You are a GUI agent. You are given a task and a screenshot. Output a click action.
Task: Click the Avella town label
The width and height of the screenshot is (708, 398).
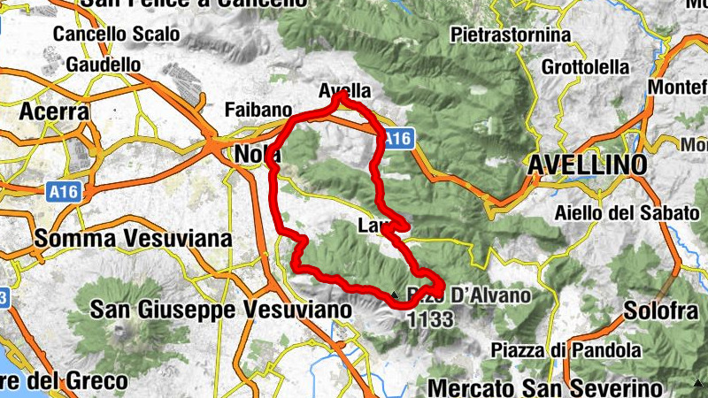click(x=343, y=91)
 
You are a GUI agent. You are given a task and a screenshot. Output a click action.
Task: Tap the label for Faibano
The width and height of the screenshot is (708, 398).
click(x=258, y=111)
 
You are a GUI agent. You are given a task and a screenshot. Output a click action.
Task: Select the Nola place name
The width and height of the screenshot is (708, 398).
click(x=257, y=155)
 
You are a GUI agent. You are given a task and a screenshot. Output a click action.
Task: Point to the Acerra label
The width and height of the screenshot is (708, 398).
click(x=54, y=112)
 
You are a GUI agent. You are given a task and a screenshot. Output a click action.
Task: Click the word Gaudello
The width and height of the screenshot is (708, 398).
click(x=104, y=65)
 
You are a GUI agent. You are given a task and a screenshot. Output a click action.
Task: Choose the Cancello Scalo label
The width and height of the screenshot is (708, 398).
click(x=116, y=35)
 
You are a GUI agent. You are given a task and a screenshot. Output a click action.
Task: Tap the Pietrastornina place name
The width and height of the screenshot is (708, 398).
click(x=510, y=35)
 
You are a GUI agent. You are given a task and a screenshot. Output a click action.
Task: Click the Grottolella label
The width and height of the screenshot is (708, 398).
click(x=586, y=67)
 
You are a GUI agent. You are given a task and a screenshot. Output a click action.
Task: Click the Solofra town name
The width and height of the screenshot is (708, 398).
click(x=657, y=311)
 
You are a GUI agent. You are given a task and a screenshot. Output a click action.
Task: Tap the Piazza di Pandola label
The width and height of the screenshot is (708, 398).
click(x=554, y=350)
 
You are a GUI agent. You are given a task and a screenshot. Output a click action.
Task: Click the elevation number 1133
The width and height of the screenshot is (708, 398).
click(x=431, y=316)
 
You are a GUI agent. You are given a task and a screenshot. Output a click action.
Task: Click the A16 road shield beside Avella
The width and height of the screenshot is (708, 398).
click(x=397, y=138)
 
